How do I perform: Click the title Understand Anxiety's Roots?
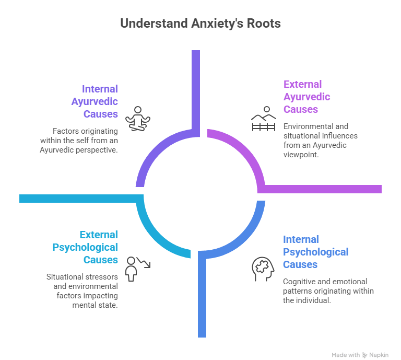[x=200, y=24]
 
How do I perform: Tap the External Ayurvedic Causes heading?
[x=307, y=97]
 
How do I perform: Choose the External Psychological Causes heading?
[x=85, y=247]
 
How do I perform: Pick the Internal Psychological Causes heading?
[x=315, y=252]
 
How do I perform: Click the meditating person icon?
[x=138, y=119]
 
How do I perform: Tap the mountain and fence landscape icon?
[x=263, y=119]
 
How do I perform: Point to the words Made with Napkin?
[x=360, y=354]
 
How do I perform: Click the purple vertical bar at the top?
[x=195, y=89]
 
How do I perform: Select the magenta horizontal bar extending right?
[x=324, y=189]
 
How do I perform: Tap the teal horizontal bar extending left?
[x=78, y=198]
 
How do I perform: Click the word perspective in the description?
[x=96, y=150]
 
